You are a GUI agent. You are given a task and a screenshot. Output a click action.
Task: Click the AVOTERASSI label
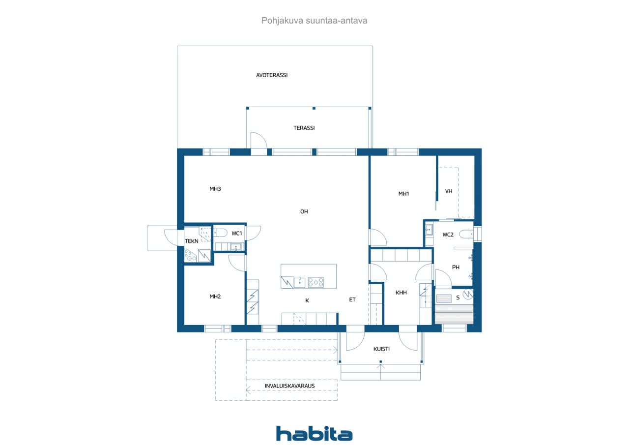pos(272,75)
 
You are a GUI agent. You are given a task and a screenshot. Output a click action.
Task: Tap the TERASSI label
pos(304,128)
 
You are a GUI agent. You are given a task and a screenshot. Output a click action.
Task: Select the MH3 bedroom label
pos(215,189)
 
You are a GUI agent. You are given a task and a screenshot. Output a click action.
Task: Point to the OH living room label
pos(304,211)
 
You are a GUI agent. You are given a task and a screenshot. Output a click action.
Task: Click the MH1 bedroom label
pos(403,194)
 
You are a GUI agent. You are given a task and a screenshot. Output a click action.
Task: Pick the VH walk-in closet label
pos(449,191)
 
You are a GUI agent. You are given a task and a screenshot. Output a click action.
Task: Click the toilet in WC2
pos(466,234)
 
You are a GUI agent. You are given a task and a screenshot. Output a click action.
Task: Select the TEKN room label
pos(192,241)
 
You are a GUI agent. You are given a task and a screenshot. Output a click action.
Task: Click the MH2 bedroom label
pos(215,297)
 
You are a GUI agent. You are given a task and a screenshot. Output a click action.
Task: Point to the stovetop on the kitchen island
pos(316,282)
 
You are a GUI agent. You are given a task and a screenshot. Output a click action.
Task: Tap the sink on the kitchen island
pos(299,282)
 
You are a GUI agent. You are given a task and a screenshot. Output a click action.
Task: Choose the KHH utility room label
pos(401,293)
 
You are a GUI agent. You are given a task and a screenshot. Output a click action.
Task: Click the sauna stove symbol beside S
pos(468,294)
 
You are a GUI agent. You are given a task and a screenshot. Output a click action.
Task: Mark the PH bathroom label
pos(456,267)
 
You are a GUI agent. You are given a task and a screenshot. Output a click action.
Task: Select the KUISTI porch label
pos(381,349)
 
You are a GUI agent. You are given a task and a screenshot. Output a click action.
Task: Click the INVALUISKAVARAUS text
pos(289,386)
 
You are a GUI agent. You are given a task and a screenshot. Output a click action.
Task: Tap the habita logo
pos(314,433)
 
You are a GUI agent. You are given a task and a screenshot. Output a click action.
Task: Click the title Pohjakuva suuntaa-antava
pos(314,21)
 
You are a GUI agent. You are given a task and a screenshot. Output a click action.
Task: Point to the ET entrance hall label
pos(352,299)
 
